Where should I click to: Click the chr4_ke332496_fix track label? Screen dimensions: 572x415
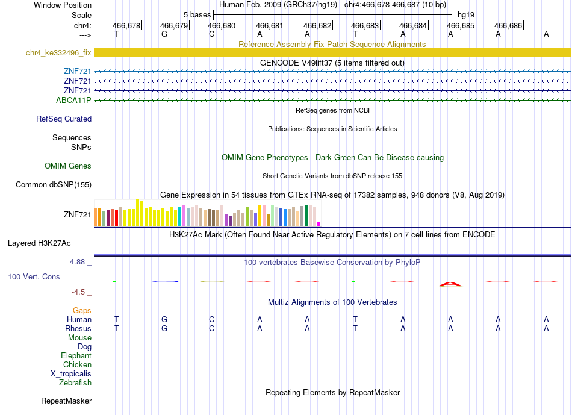[58, 53]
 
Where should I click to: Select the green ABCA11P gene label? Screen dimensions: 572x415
[73, 100]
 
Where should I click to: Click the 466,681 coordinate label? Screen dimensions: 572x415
[270, 25]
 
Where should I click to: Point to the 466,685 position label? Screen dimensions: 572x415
[461, 25]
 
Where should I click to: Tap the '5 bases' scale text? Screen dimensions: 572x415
[197, 15]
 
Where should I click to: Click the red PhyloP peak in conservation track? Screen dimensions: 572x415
[450, 284]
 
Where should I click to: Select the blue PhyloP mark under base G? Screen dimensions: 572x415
[165, 281]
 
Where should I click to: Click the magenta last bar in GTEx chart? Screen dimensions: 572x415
[319, 225]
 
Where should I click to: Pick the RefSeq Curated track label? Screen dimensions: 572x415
[64, 119]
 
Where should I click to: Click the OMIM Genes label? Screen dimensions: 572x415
[68, 166]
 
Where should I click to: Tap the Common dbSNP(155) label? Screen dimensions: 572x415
[54, 185]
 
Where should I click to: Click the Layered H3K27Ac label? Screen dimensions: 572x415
[39, 243]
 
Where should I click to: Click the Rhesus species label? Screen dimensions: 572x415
[78, 328]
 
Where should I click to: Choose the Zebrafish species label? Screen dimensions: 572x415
[75, 383]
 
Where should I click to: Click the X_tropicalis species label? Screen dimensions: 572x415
[71, 374]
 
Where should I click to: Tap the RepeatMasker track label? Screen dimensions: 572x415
[66, 401]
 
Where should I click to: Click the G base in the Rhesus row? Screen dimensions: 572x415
[164, 328]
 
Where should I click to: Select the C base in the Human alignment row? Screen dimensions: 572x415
[211, 319]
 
